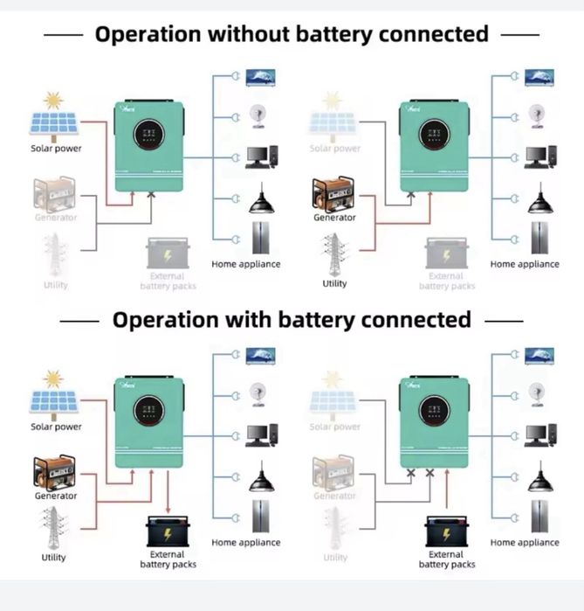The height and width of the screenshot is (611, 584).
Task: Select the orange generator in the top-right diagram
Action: [x=333, y=194]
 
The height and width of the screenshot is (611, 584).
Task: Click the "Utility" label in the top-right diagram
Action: [x=334, y=283]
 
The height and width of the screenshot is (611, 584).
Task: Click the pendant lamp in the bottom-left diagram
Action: [x=262, y=478]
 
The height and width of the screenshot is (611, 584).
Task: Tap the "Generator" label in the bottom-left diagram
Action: [x=56, y=496]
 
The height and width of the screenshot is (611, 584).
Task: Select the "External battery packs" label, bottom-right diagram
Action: [x=446, y=559]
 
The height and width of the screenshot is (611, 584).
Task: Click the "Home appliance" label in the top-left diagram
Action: [x=246, y=264]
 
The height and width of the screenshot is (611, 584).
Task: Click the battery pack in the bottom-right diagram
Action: [x=446, y=530]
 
